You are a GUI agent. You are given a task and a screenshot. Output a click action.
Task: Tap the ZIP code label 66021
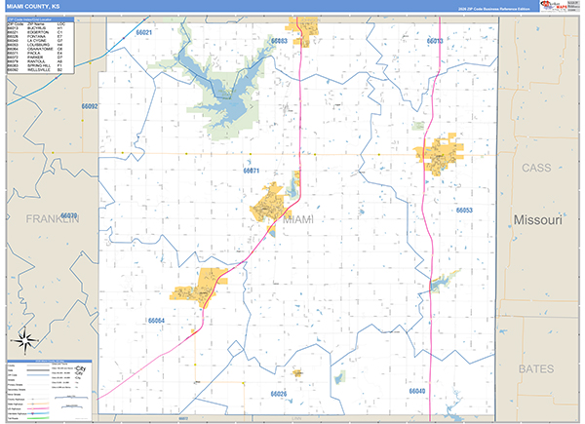[144, 32]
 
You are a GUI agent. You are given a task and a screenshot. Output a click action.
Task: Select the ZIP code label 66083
[280, 41]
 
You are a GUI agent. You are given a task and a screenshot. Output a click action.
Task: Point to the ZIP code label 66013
[435, 41]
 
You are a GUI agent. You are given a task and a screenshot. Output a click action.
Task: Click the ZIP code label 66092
[90, 105]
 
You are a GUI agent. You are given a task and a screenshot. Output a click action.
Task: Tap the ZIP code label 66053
[463, 211]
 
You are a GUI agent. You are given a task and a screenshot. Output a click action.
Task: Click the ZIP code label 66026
[279, 393]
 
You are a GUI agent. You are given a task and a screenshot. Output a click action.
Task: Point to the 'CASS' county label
[537, 168]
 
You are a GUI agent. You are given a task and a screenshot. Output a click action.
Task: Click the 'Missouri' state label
[538, 220]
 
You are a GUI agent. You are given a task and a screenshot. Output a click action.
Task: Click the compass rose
[24, 341]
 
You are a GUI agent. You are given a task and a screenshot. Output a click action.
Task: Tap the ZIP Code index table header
[40, 19]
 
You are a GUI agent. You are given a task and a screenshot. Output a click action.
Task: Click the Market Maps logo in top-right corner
[558, 7]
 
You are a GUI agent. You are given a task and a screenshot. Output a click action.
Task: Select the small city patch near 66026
[296, 372]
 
